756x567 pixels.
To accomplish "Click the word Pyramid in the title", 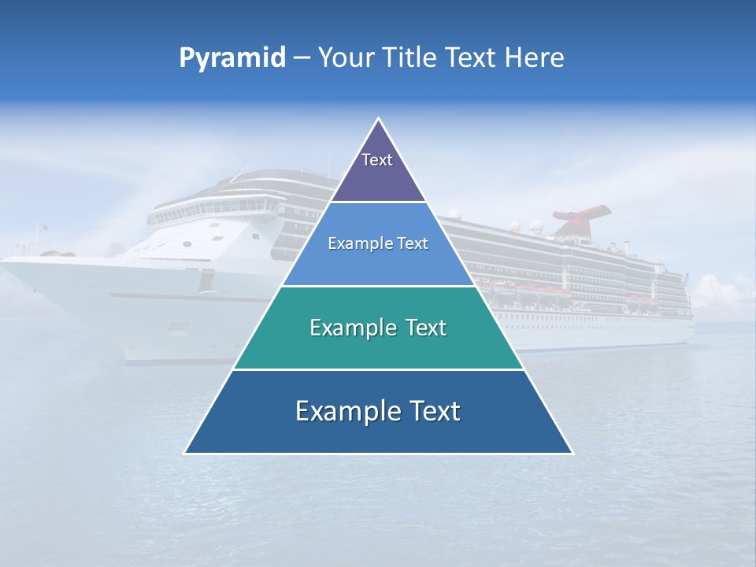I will pos(232,58).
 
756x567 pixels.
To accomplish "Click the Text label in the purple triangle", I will pos(377,160).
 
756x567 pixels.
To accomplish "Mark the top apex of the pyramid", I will pos(379,119).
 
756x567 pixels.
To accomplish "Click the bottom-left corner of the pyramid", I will pos(185,453).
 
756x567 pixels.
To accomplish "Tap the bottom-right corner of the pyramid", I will pos(572,453).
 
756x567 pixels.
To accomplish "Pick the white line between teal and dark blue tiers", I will pos(378,369).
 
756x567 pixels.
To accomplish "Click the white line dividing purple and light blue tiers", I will pos(378,202).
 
